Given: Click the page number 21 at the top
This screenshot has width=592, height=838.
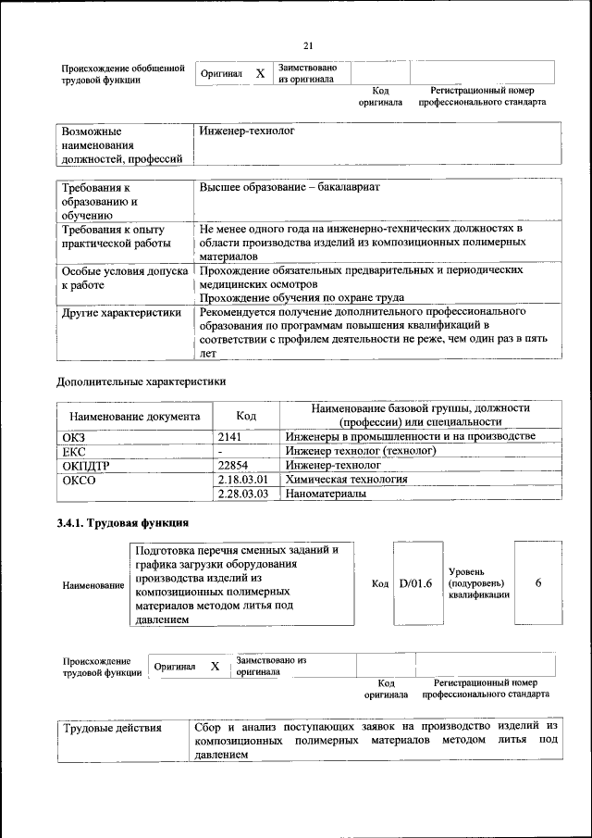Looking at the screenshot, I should click(309, 46).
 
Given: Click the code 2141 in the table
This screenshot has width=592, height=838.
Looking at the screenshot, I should click(229, 436).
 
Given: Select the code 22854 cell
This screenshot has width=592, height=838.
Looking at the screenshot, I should click(234, 465).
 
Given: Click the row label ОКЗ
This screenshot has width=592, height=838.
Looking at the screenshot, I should click(73, 436).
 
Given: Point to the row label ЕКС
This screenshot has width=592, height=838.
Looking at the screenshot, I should click(73, 451).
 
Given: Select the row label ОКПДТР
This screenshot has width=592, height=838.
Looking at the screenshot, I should click(85, 466).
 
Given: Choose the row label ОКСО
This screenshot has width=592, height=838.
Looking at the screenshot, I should click(78, 481).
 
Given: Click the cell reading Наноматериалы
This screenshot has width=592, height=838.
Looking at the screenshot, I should click(325, 494).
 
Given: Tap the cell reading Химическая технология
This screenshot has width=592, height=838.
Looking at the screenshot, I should click(346, 480).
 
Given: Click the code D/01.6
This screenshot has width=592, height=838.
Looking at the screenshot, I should click(415, 584).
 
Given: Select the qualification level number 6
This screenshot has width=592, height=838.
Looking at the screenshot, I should click(537, 584).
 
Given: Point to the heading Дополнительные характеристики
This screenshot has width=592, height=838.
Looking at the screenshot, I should click(141, 381).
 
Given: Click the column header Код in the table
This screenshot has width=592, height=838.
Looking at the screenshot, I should click(246, 416).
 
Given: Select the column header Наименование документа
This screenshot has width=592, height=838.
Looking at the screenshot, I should click(134, 417).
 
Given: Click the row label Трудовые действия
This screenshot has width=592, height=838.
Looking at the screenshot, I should click(112, 728).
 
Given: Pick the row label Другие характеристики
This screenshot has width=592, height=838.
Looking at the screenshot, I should click(121, 314).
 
